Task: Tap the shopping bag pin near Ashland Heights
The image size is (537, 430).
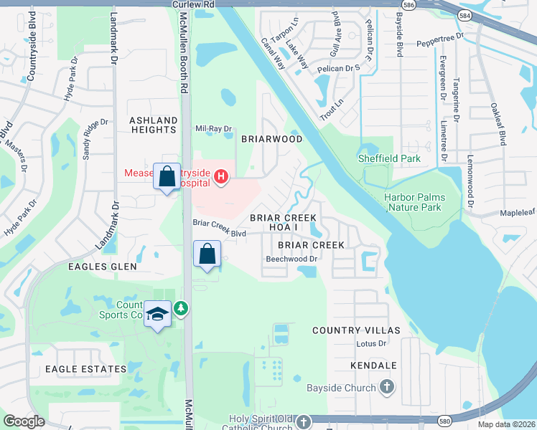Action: point(167,176)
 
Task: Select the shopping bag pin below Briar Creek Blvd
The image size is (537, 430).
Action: point(207,254)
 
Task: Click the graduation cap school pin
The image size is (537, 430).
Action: point(158,315)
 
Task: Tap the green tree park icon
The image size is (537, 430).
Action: point(182,308)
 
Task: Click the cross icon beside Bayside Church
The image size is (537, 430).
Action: point(387,388)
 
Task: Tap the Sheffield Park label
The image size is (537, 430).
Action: point(389,158)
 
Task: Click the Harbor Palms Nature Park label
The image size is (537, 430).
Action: point(414,202)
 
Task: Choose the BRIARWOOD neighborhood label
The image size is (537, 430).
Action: point(271,139)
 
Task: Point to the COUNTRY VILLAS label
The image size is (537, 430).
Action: point(355,330)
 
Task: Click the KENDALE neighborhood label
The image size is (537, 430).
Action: point(373,365)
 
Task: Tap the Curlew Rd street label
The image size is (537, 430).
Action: point(194,4)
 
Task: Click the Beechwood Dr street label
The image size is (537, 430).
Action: point(291,259)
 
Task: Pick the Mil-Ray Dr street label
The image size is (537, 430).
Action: point(214,129)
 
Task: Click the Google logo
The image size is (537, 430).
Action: point(24,421)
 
